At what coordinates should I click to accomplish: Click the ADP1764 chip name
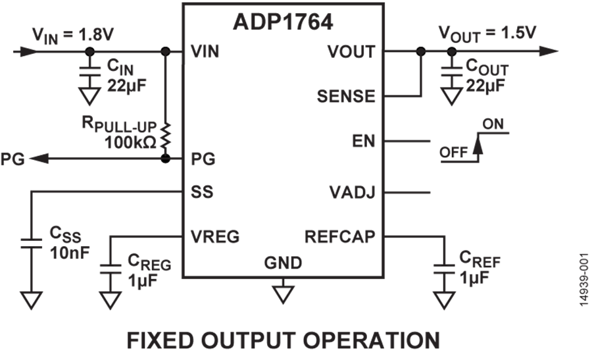(283, 22)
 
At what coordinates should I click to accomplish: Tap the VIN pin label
(204, 51)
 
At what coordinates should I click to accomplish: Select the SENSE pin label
(346, 97)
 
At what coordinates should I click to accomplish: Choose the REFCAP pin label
(339, 236)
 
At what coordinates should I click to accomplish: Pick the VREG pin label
(214, 236)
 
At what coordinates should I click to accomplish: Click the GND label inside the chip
(283, 263)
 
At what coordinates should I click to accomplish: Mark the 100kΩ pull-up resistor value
(130, 141)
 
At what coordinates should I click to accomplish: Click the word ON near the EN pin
(493, 124)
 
